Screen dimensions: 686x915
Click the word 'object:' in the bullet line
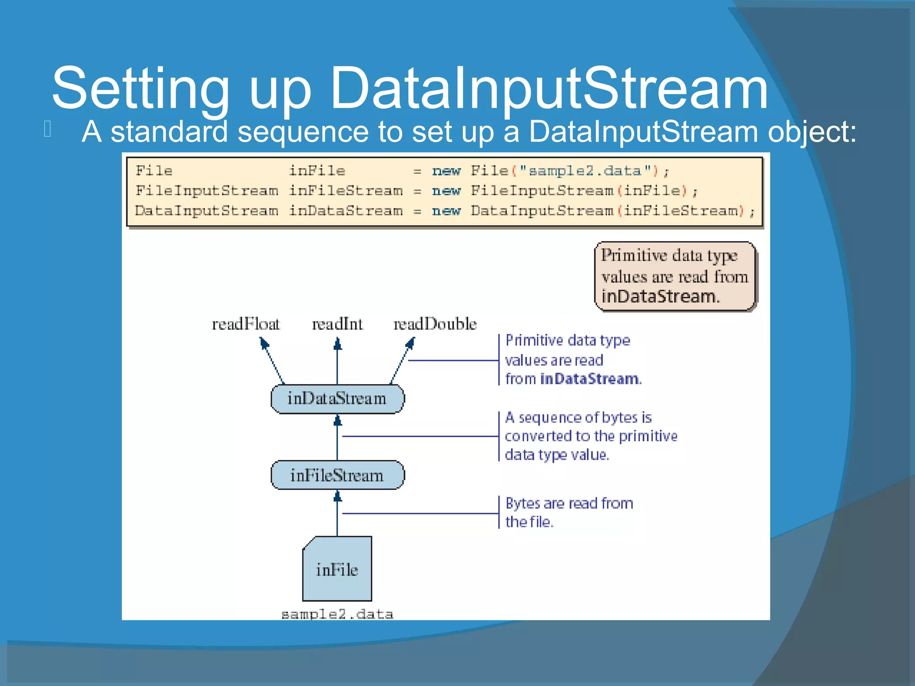coord(812,132)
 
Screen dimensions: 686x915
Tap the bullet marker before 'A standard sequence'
coord(48,129)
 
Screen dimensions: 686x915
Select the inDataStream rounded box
coord(337,399)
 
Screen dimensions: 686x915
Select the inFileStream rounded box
coord(337,475)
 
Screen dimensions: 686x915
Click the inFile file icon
coord(337,569)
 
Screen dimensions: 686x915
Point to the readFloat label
coord(245,324)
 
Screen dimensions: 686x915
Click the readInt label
coord(337,324)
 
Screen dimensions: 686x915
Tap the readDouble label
coord(435,324)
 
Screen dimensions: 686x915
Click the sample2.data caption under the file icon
coord(337,615)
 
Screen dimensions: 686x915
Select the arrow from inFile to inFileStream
coord(337,514)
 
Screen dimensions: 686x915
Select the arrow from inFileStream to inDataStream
coord(337,438)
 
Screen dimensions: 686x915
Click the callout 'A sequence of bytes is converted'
coord(590,436)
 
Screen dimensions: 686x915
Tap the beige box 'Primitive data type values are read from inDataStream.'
coord(675,276)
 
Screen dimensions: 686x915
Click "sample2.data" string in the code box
coord(585,171)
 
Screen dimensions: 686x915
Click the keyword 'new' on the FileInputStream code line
coord(446,191)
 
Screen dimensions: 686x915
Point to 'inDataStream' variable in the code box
coord(345,211)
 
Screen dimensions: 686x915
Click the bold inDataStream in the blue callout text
coord(590,379)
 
